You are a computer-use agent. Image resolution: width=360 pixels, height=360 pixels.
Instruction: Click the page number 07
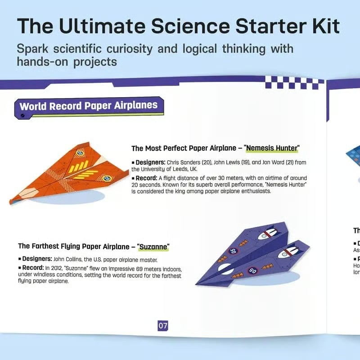pos(162,325)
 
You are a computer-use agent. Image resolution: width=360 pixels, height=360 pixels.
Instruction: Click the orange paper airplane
pos(67,173)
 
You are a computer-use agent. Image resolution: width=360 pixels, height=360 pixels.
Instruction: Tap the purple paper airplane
pos(252,256)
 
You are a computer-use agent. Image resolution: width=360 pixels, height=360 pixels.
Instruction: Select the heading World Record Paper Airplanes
pos(89,106)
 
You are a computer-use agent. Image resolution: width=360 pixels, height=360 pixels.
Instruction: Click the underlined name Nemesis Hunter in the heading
pos(273,148)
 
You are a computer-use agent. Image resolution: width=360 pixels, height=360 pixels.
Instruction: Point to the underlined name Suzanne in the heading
pos(153,246)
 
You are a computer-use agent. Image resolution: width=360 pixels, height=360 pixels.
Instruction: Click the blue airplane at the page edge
pos(353,155)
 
